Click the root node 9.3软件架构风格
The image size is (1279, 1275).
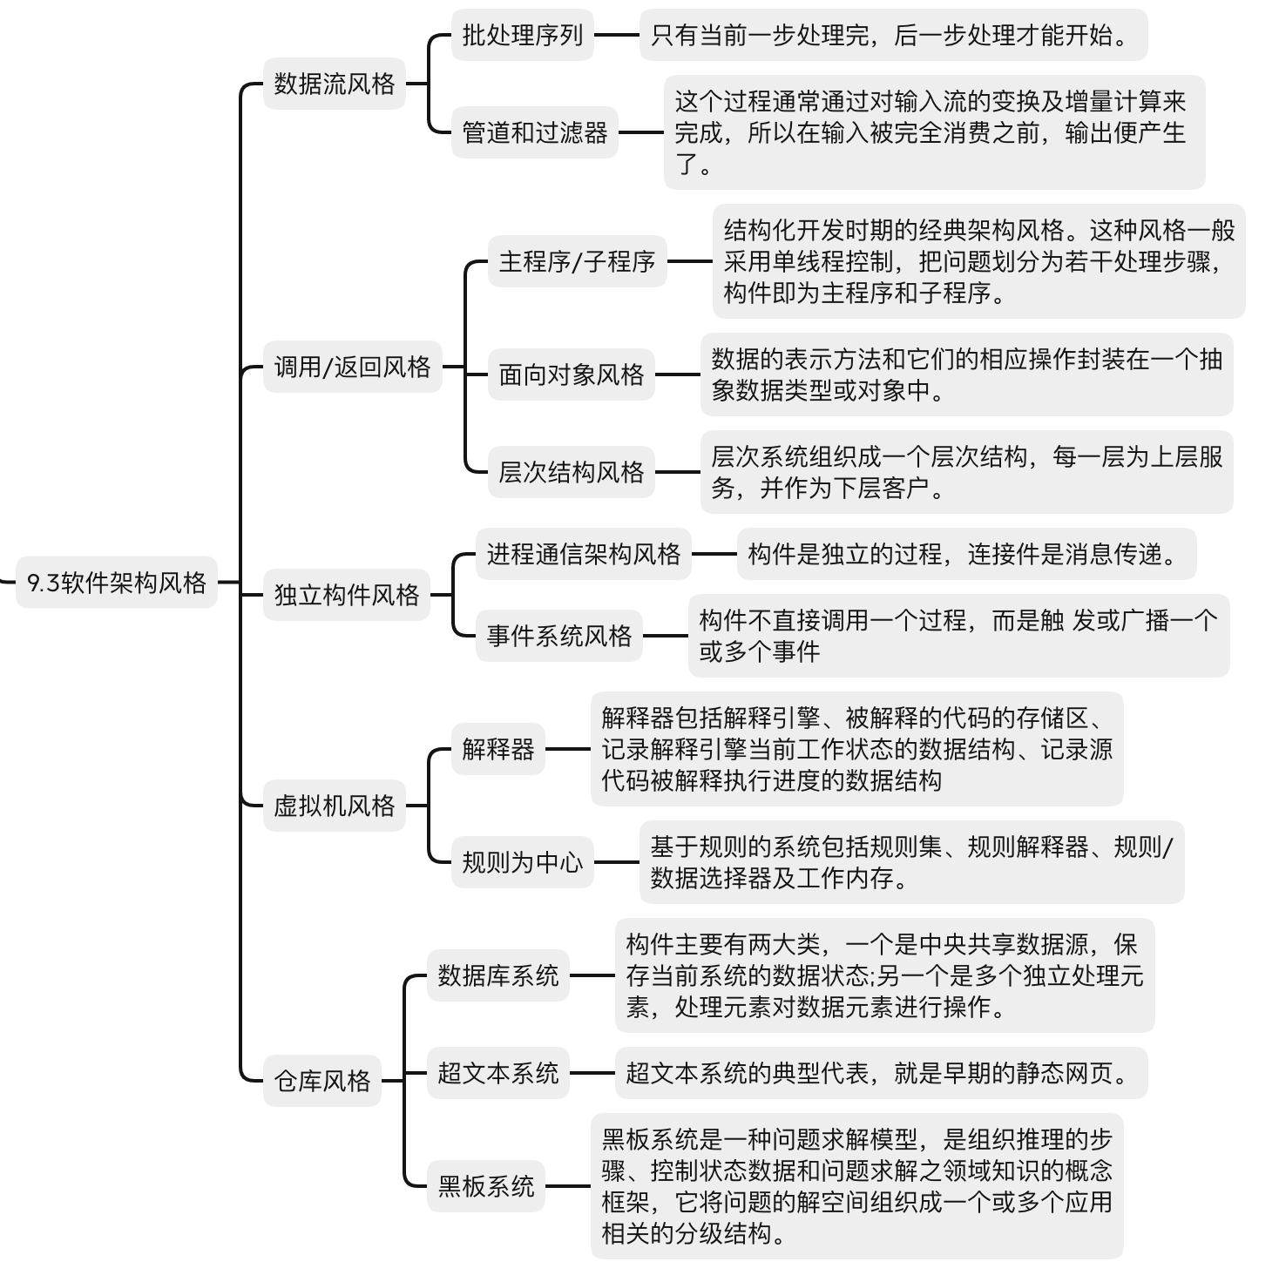(116, 582)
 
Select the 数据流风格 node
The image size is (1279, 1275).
(334, 84)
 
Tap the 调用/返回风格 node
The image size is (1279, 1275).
(353, 367)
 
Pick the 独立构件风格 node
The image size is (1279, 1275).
(347, 595)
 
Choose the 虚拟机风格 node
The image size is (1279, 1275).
(334, 805)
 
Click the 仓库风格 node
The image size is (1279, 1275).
(321, 1081)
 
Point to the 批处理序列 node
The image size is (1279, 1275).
(523, 35)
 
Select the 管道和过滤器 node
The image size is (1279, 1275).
(534, 132)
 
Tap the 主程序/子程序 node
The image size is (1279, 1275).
(577, 261)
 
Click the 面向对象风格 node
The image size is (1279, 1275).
(571, 374)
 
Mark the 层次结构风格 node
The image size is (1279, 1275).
(571, 472)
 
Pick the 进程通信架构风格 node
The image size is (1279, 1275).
(584, 554)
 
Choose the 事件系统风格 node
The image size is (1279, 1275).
(558, 635)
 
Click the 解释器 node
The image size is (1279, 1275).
(497, 749)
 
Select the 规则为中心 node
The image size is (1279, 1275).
(523, 862)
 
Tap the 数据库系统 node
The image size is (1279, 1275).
(497, 975)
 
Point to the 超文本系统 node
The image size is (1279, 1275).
(497, 1073)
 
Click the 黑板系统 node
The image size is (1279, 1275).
(486, 1186)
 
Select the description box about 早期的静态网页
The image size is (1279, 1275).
(881, 1073)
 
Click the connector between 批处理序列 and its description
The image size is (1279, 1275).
(617, 35)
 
